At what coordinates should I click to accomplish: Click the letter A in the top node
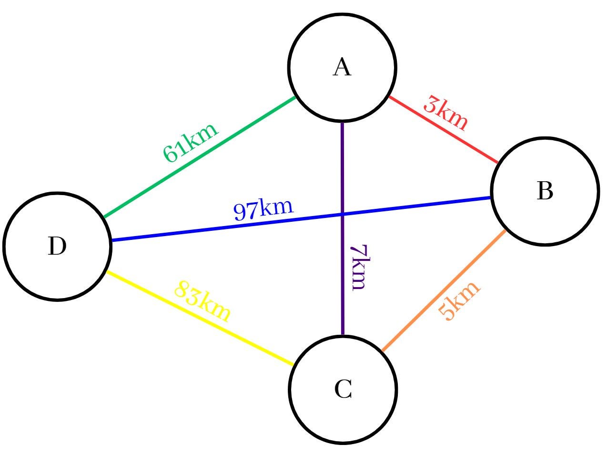342,67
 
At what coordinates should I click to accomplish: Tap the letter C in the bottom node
343,389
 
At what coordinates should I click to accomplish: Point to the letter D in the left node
57,246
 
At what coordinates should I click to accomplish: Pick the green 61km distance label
191,142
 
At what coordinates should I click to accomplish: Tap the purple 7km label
360,267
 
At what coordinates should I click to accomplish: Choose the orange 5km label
459,300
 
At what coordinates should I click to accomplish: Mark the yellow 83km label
203,301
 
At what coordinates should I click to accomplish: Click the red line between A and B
443,129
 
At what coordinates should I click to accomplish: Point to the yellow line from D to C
200,318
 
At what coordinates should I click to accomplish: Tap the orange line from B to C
444,290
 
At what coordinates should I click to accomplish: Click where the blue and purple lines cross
343,214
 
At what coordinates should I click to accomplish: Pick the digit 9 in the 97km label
240,212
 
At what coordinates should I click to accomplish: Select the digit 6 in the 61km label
170,154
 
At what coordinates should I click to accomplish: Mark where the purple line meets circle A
343,122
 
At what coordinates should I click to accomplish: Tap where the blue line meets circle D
111,240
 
